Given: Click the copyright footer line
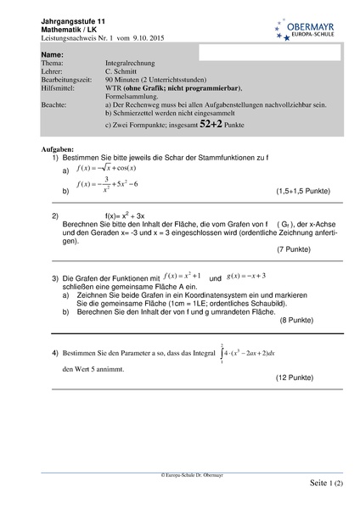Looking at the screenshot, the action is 180,478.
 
